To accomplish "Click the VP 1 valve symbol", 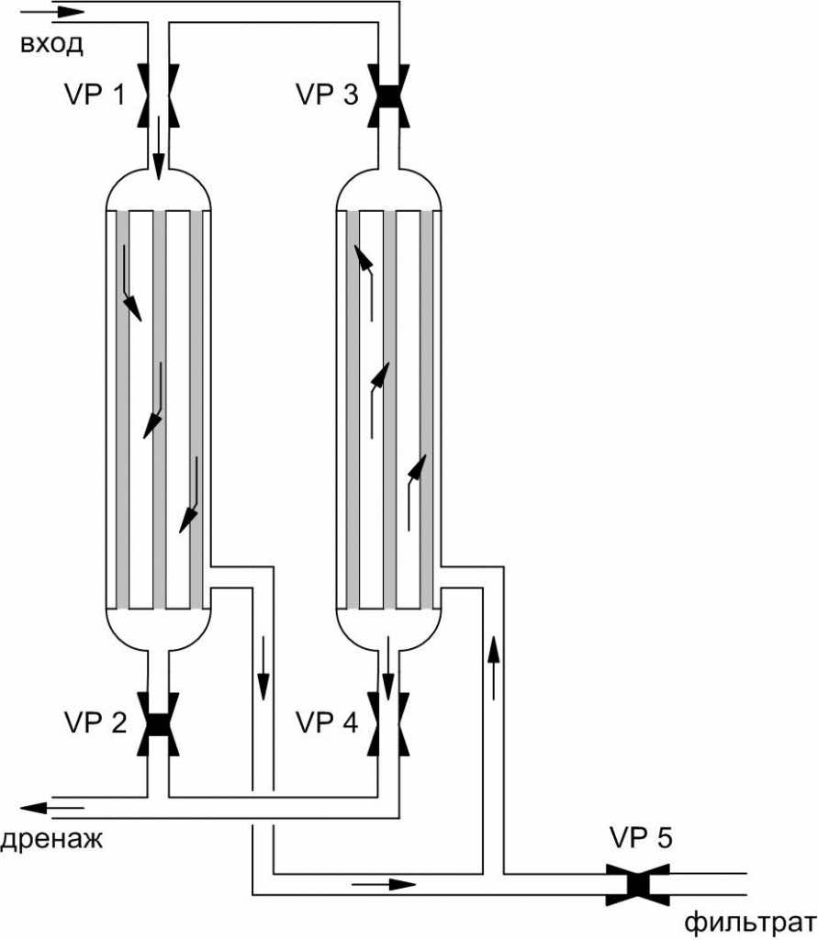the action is (158, 95).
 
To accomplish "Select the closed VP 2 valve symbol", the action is (158, 724).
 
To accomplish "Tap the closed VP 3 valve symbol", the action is (388, 95).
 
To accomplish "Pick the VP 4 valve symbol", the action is (388, 724).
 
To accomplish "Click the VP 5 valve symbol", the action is (637, 885).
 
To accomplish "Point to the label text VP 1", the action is (95, 95).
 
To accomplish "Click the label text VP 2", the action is (95, 723).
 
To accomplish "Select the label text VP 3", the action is (327, 95).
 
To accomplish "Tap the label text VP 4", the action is (327, 723).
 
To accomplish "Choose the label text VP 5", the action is (641, 837).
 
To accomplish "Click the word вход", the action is (51, 44).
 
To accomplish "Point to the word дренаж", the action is (51, 839).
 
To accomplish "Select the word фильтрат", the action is (751, 923).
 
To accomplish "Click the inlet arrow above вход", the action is (60, 11).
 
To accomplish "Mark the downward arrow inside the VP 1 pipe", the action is (158, 148).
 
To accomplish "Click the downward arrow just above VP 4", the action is (388, 668).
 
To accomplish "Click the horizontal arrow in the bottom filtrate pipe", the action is (384, 884).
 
